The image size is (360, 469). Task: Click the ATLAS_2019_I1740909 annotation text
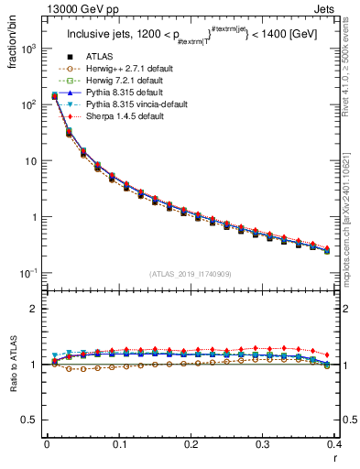pyautogui.click(x=191, y=275)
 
